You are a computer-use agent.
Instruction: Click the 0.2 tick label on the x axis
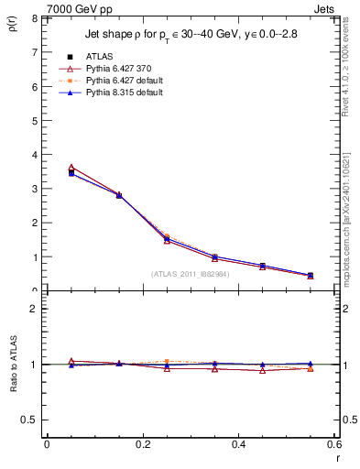pyautogui.click(x=142, y=443)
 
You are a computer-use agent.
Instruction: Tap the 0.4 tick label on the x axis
pyautogui.click(x=238, y=443)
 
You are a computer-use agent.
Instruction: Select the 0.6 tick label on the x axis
pyautogui.click(x=333, y=443)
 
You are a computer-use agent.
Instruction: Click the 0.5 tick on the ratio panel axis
pyautogui.click(x=31, y=420)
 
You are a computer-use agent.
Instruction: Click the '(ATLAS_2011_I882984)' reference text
pyautogui.click(x=191, y=273)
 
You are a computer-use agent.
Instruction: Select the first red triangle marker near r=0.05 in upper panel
pyautogui.click(x=71, y=168)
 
